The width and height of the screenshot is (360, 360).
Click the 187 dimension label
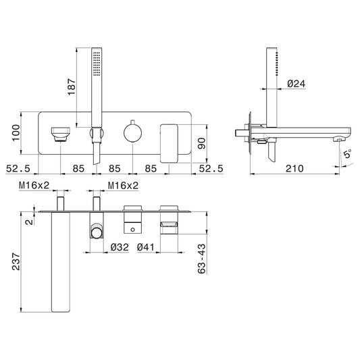[72, 86]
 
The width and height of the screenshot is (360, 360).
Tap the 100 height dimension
[16, 133]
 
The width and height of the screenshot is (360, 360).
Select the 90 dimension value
[202, 143]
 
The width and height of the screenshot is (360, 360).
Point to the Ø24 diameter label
[297, 84]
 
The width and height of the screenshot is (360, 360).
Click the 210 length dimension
[294, 169]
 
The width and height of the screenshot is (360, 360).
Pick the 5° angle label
[348, 153]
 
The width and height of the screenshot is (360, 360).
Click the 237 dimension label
[16, 261]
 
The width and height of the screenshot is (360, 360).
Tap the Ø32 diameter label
[120, 247]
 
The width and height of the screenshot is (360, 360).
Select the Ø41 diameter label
[146, 247]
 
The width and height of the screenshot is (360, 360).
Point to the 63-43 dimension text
[201, 259]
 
